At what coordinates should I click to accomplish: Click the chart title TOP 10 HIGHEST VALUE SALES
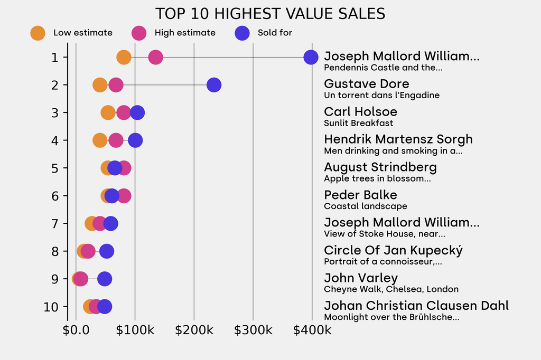click(270, 14)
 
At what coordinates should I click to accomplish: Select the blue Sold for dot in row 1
click(311, 57)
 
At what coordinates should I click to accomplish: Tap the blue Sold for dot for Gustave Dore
click(213, 85)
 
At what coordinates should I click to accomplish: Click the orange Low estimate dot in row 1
click(124, 57)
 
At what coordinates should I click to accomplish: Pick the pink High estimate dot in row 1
click(155, 57)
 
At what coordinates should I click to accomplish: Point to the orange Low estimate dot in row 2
click(100, 85)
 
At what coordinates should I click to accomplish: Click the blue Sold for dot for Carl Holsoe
click(137, 112)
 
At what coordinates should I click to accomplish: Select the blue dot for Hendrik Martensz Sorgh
click(135, 140)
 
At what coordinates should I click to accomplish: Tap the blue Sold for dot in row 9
click(105, 279)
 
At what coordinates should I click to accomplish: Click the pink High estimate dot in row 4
click(116, 140)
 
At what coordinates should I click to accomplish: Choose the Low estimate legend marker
click(38, 33)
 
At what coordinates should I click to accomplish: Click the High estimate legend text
click(185, 33)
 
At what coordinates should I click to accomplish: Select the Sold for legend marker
click(241, 33)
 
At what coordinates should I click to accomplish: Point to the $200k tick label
click(194, 330)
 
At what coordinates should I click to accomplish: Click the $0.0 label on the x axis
click(76, 330)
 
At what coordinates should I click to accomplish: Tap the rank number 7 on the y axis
click(55, 223)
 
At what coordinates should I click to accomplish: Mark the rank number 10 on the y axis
click(51, 307)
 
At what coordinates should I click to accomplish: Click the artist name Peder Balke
click(360, 195)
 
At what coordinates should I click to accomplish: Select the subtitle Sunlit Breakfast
click(358, 123)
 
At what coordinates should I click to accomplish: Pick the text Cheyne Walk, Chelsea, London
click(391, 289)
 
